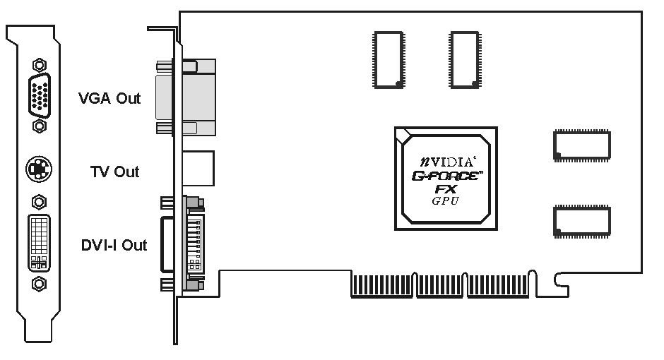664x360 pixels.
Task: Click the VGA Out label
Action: coord(109,99)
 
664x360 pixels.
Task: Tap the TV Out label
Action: coord(114,172)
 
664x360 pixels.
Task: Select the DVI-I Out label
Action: coord(114,246)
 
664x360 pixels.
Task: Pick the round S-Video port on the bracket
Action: coord(40,169)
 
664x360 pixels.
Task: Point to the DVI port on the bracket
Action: coord(40,243)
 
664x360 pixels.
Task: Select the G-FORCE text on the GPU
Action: coord(446,176)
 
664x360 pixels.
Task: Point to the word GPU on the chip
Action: coord(446,201)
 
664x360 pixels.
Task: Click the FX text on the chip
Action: coord(446,189)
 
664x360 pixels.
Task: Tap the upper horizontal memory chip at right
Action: coord(582,145)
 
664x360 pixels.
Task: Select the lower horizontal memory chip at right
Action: coord(582,220)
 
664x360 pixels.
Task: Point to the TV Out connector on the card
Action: coord(198,167)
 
